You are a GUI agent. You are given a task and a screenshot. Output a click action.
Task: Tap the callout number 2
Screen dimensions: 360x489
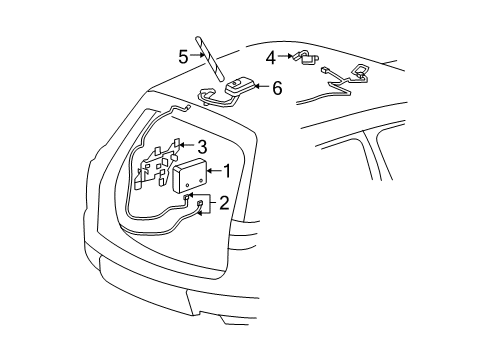point(224,203)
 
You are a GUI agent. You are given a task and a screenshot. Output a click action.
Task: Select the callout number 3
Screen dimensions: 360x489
point(201,146)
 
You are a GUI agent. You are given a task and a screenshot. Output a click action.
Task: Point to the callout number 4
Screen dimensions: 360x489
point(271,57)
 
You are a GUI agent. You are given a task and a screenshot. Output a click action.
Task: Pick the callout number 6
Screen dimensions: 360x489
point(276,88)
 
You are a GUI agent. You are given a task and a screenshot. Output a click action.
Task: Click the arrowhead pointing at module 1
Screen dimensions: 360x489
point(211,171)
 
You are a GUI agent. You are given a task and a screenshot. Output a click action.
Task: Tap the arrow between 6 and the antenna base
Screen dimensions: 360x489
point(261,88)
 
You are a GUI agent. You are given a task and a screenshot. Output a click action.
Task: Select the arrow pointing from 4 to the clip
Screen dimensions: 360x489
point(285,57)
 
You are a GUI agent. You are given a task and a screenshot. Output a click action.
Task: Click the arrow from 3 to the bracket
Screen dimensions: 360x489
point(185,147)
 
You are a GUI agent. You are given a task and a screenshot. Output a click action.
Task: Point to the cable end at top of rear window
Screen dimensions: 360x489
point(182,105)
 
